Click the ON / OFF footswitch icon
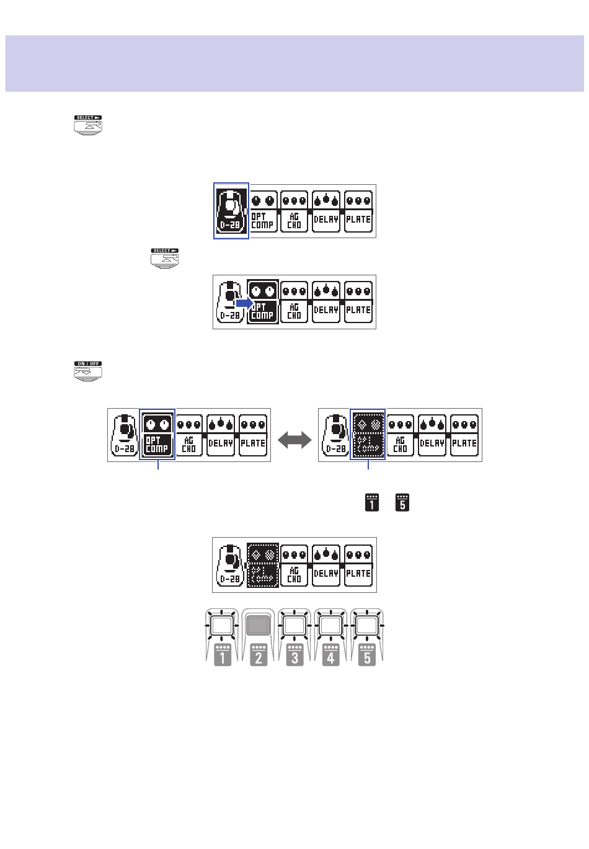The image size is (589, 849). pyautogui.click(x=88, y=371)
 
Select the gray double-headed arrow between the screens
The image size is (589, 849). pyautogui.click(x=294, y=440)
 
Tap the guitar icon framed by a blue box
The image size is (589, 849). pyautogui.click(x=231, y=211)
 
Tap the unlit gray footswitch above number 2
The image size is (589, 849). pyautogui.click(x=259, y=625)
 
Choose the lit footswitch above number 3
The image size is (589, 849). pyautogui.click(x=294, y=625)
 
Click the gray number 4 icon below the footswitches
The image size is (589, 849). pyautogui.click(x=330, y=655)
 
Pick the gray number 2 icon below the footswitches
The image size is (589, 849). pyautogui.click(x=259, y=655)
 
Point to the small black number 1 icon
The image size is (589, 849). pyautogui.click(x=372, y=502)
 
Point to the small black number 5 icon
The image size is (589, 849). pyautogui.click(x=402, y=502)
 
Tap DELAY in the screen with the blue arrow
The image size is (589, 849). pyautogui.click(x=326, y=302)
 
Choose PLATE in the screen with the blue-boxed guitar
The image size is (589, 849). pyautogui.click(x=358, y=211)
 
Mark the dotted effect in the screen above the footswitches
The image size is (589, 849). pyautogui.click(x=263, y=565)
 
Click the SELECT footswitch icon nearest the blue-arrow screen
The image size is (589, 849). pyautogui.click(x=164, y=258)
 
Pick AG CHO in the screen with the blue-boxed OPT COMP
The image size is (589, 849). pyautogui.click(x=189, y=435)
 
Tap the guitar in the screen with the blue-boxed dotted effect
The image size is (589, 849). pyautogui.click(x=335, y=435)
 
